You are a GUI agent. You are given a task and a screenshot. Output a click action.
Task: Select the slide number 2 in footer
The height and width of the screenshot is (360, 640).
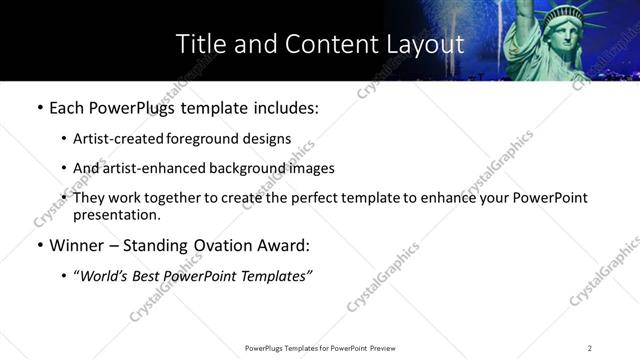pos(590,347)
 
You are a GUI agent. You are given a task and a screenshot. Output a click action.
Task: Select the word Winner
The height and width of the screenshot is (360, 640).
pos(77,245)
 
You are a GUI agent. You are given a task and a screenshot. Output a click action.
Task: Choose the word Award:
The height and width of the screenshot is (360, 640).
pos(287,245)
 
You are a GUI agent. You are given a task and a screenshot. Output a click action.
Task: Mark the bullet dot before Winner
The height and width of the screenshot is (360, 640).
pos(38,245)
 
